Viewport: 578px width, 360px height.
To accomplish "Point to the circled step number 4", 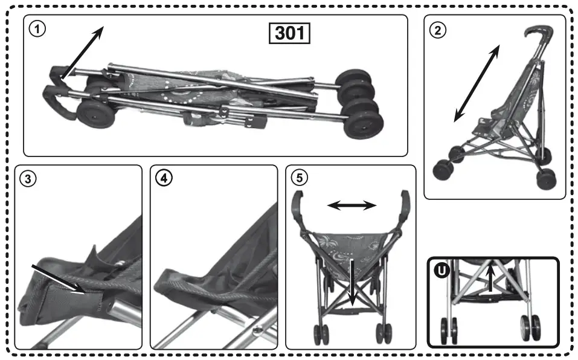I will (162, 179).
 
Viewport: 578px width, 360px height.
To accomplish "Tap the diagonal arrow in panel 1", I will (82, 53).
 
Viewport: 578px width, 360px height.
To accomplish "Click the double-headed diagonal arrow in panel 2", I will (477, 82).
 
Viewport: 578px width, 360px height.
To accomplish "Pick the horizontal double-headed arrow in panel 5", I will (352, 206).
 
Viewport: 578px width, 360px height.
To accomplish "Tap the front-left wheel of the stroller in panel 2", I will (443, 170).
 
